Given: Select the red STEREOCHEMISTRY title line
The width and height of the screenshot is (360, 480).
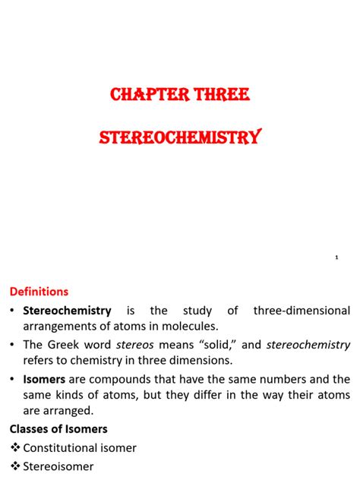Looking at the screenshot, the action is [180, 138].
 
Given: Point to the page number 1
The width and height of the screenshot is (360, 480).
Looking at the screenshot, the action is [336, 258].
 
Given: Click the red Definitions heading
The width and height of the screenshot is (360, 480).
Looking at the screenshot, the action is [39, 292].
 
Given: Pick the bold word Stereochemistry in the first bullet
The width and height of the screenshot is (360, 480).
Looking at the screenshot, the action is [67, 311].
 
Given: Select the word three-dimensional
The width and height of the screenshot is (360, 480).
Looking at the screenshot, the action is [302, 311].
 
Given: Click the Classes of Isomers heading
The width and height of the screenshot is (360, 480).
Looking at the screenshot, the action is [58, 429].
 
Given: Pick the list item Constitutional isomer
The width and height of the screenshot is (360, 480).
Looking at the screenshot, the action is [80, 448].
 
